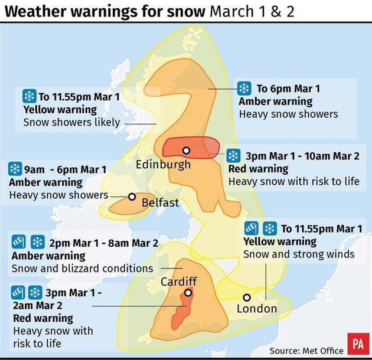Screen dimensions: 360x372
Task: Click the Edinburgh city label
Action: (164, 164)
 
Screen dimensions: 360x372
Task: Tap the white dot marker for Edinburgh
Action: (186, 150)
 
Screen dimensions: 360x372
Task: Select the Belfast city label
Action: (160, 203)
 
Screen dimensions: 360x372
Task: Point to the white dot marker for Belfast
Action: (132, 197)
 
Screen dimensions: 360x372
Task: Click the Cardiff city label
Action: (178, 282)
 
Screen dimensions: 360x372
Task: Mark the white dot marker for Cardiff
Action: (188, 293)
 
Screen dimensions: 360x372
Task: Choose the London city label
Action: (256, 309)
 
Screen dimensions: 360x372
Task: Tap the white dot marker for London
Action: (247, 297)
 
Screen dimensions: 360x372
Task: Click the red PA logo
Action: (357, 344)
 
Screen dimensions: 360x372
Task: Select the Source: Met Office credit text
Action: (306, 350)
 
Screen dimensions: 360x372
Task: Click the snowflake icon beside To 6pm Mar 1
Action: (243, 89)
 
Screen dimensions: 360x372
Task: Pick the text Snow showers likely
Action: (71, 122)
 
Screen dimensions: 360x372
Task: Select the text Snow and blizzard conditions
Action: (82, 269)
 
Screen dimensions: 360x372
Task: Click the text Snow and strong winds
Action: (299, 254)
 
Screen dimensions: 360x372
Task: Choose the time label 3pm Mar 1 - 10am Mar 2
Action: (302, 156)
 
